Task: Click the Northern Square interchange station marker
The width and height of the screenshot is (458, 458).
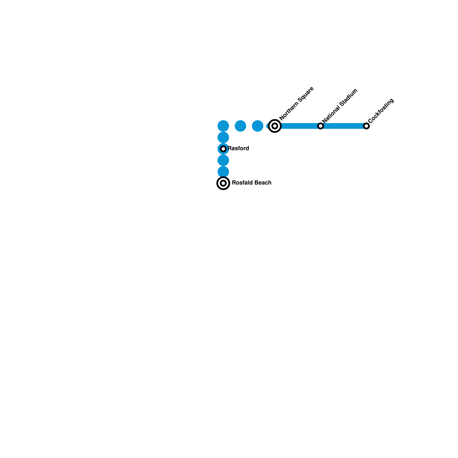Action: pos(275,126)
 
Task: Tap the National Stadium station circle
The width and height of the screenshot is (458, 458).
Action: pos(321,126)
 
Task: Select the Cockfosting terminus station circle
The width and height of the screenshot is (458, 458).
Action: pos(366,126)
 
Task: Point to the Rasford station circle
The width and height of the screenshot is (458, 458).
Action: pos(223,149)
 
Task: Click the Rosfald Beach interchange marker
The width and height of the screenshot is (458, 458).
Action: pos(223,183)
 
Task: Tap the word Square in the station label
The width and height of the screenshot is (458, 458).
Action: pos(306,94)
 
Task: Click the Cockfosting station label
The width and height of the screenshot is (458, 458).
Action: pos(381,111)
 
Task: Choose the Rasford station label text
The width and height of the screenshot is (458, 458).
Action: pos(238,148)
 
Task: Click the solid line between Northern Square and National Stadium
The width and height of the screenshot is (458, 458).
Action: pos(298,126)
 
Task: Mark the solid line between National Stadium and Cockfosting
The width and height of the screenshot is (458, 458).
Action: pos(343,126)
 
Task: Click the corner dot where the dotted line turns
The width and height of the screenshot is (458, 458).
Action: pos(223,126)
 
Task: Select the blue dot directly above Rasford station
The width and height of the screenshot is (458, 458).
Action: pos(223,137)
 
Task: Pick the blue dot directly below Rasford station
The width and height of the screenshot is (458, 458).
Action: pos(223,160)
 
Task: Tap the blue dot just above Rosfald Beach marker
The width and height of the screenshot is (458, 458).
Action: pos(223,172)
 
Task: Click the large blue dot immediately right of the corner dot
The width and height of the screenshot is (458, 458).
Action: pos(240,126)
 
